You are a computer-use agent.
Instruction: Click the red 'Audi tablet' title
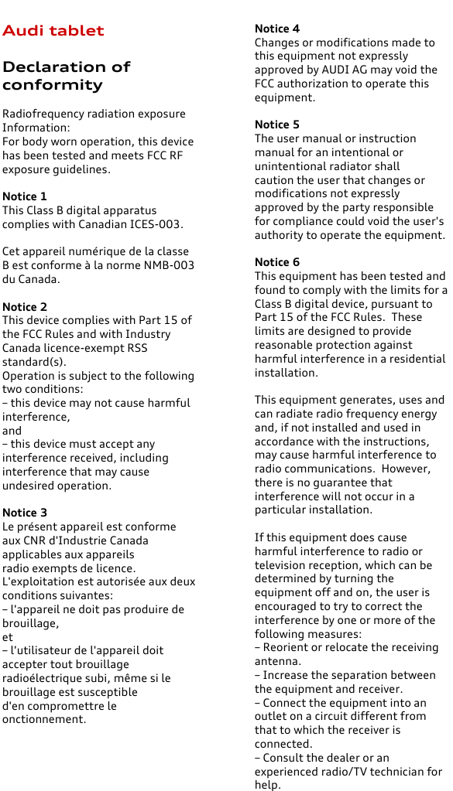(53, 31)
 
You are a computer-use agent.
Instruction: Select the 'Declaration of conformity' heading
(66, 76)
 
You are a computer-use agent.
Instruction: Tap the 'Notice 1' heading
(24, 196)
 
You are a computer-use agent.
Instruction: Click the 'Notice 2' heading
(24, 307)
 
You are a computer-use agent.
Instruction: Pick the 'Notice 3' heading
(24, 513)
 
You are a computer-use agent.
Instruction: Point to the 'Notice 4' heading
(277, 29)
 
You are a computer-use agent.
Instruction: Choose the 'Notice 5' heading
(277, 124)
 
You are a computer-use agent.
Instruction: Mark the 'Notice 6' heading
(277, 262)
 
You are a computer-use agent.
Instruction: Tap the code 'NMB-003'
(173, 265)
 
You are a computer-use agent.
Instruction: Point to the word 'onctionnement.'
(44, 719)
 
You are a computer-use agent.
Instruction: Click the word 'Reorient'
(287, 647)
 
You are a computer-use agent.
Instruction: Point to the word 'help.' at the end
(268, 785)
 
